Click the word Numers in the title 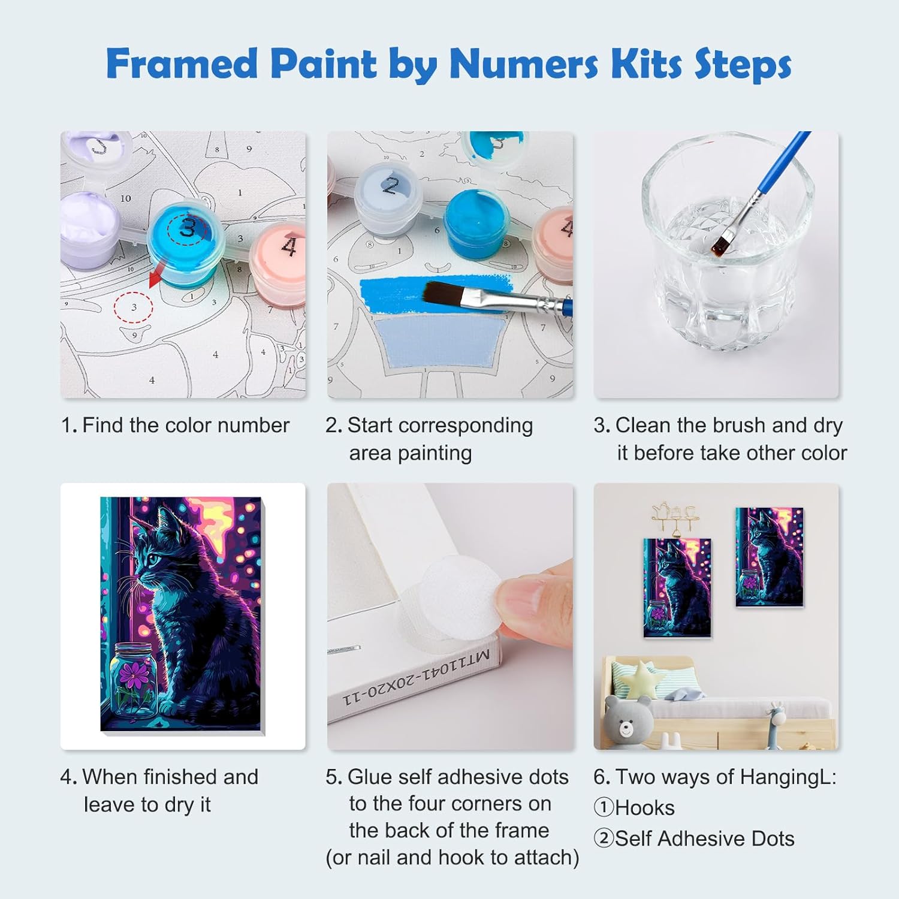pos(524,64)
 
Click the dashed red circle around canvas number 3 pos(134,307)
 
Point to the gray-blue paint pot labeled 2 pos(390,193)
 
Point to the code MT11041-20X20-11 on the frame pos(416,677)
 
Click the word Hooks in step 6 pos(645,808)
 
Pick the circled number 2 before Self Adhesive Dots pos(604,838)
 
